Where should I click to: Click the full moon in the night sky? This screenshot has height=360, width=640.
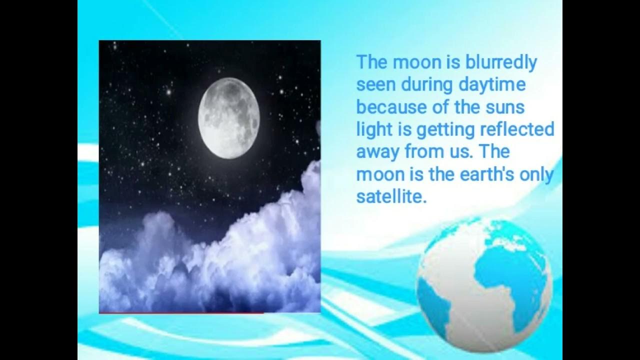(228, 118)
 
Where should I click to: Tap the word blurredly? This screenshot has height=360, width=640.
(501, 63)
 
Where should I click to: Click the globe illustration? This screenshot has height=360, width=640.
(483, 284)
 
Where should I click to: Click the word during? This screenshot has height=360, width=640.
(428, 85)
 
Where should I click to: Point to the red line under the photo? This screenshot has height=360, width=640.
(181, 313)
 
